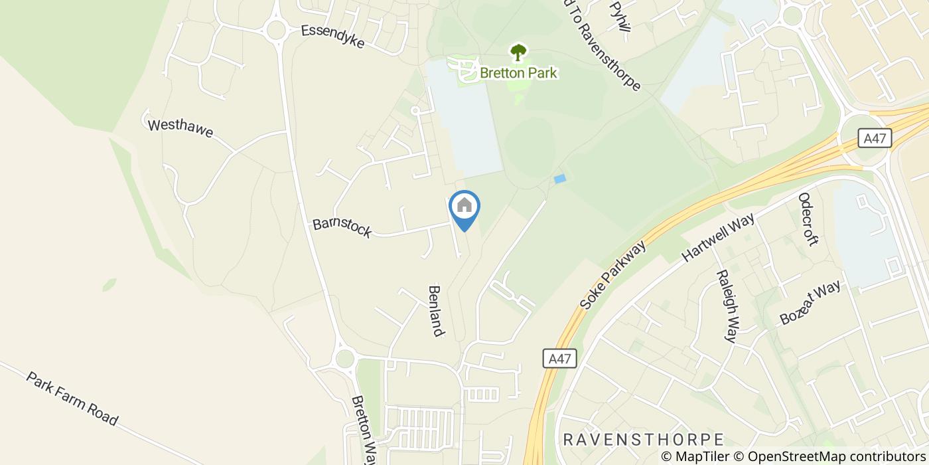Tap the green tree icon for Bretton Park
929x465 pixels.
pyautogui.click(x=518, y=52)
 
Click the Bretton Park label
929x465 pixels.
pyautogui.click(x=518, y=72)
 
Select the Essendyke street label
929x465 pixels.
pyautogui.click(x=332, y=37)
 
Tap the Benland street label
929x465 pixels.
pyautogui.click(x=435, y=311)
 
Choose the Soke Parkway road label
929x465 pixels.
pyautogui.click(x=612, y=275)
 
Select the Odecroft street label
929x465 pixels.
pyautogui.click(x=808, y=219)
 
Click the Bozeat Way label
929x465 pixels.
pyautogui.click(x=810, y=302)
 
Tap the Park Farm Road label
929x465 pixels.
pyautogui.click(x=72, y=399)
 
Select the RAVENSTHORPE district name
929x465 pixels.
pyautogui.click(x=643, y=440)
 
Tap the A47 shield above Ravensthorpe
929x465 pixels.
pyautogui.click(x=559, y=359)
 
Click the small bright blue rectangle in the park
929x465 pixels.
pyautogui.click(x=560, y=179)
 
